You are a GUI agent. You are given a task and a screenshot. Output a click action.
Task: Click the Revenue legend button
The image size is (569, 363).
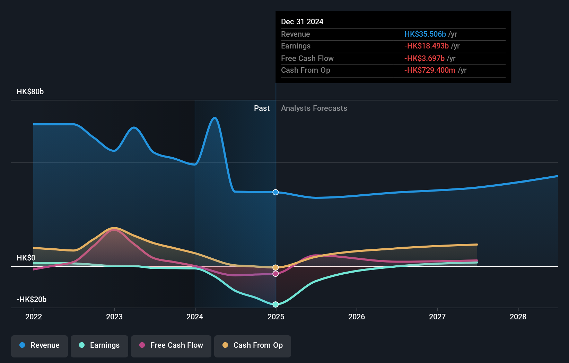tap(40, 346)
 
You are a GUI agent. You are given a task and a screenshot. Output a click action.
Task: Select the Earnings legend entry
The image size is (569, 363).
tap(99, 346)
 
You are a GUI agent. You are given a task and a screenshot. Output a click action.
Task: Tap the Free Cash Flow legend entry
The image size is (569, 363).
tap(171, 346)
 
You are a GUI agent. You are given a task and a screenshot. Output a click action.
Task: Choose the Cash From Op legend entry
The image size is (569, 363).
tap(253, 346)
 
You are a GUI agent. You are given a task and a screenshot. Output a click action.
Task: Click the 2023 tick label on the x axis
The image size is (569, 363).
tap(114, 317)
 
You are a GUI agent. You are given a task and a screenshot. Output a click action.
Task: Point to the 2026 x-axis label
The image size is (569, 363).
tap(357, 317)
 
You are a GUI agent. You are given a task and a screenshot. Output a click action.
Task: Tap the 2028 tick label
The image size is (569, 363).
tap(518, 317)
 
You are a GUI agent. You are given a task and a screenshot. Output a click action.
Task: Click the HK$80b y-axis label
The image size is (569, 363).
tap(30, 92)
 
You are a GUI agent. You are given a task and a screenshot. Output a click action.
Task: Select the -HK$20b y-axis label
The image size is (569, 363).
tap(32, 300)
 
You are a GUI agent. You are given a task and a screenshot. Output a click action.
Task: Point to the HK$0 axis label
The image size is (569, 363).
tap(26, 258)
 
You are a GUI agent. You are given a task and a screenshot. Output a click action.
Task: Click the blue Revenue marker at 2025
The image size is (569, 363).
tap(275, 192)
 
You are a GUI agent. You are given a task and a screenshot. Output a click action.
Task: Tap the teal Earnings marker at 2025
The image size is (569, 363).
tap(275, 304)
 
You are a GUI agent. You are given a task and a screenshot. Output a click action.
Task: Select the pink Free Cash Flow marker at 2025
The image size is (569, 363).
tap(275, 274)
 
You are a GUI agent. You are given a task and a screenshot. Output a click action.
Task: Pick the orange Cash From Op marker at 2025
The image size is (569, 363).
tap(275, 267)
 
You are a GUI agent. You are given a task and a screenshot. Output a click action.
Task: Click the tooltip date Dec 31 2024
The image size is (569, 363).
tap(302, 22)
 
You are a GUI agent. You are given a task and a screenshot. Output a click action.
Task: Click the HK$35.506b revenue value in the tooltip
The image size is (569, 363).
tap(425, 34)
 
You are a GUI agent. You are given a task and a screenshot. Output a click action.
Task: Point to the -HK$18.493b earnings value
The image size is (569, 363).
tap(427, 46)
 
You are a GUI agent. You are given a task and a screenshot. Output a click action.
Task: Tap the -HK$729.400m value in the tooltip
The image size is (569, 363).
tap(430, 70)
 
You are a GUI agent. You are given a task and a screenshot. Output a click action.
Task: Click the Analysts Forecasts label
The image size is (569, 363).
tap(314, 108)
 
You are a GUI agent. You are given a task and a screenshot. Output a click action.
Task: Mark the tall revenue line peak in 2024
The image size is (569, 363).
tap(215, 118)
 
